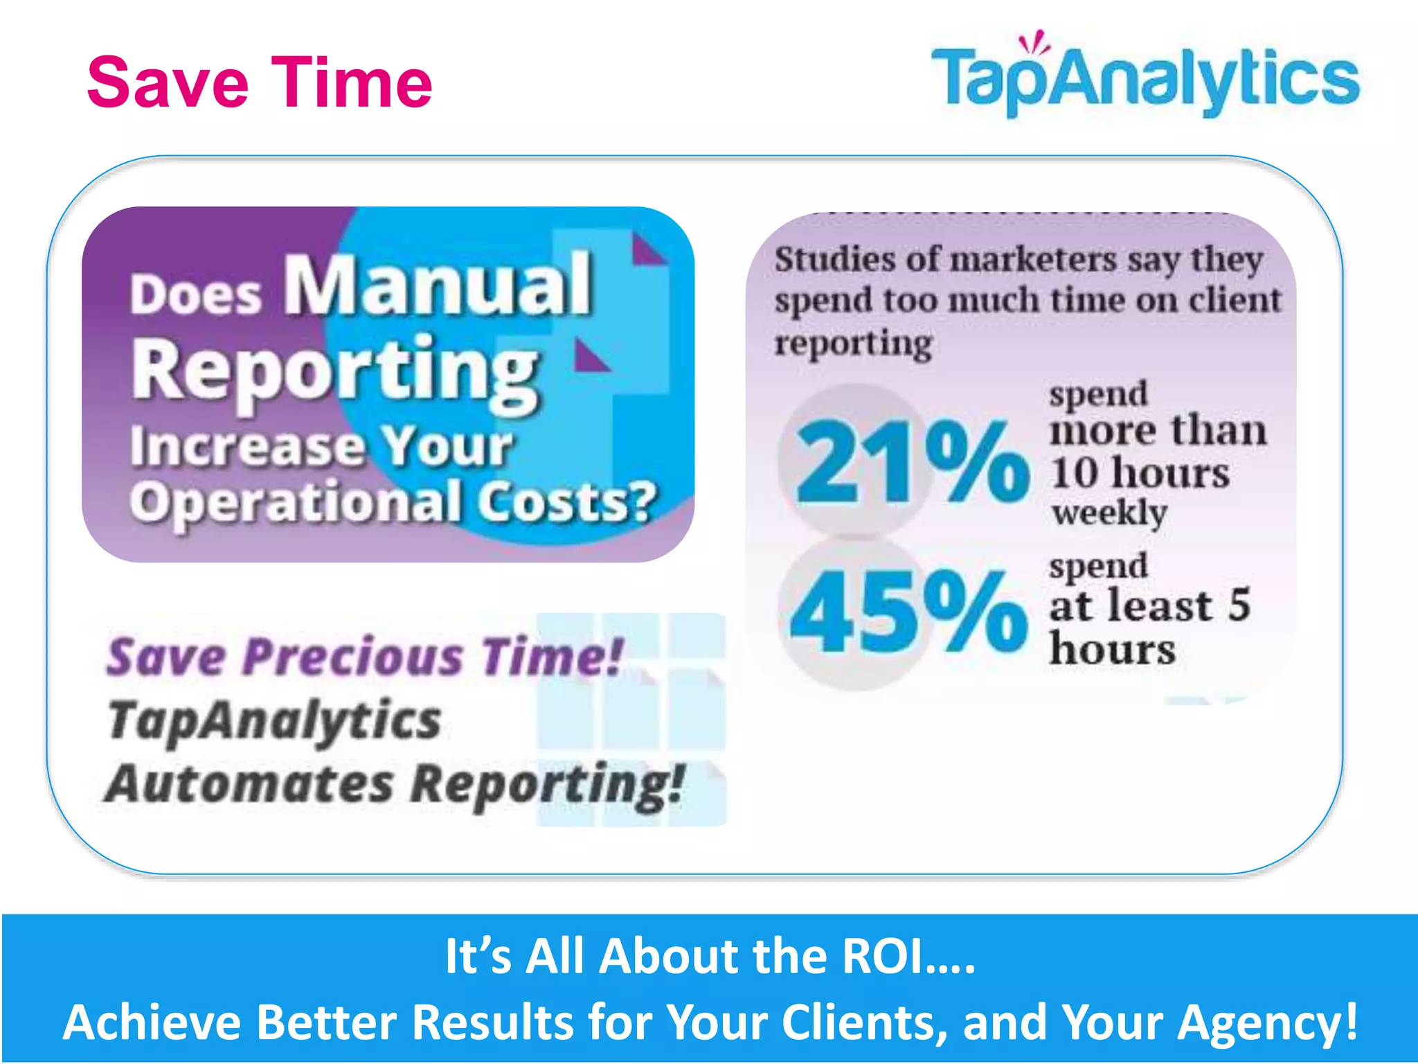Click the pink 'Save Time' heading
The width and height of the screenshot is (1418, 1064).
(260, 83)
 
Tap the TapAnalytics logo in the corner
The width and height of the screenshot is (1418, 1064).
(1146, 80)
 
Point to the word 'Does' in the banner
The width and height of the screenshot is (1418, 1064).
(196, 296)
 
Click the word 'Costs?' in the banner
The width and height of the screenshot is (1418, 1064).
(567, 501)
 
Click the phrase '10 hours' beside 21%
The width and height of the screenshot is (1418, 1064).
(1140, 473)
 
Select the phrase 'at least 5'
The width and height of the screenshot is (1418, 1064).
(1149, 605)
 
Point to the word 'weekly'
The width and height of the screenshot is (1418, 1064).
(1109, 513)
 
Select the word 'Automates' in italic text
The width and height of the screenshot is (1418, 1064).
(249, 784)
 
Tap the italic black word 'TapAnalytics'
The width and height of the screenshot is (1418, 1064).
(274, 720)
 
